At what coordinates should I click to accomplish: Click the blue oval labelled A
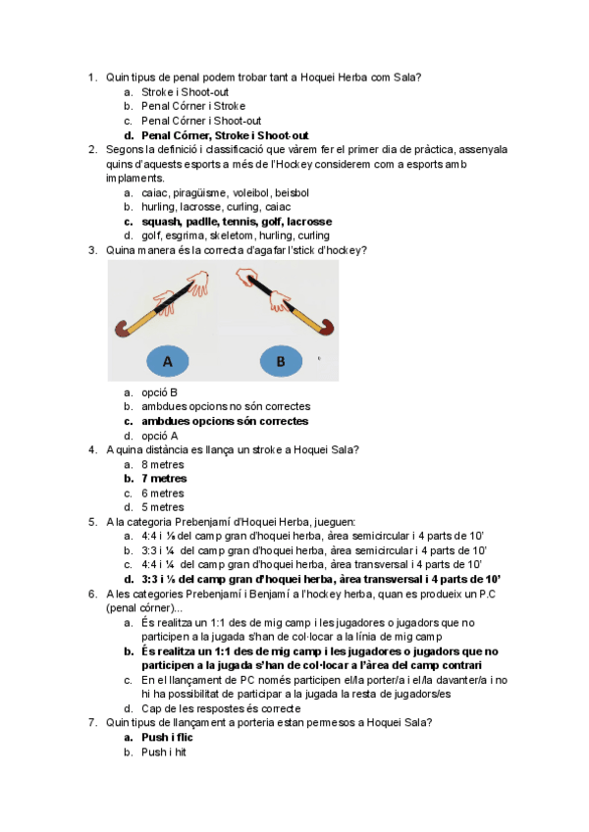click(x=168, y=362)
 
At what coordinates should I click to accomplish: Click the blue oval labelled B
click(x=281, y=362)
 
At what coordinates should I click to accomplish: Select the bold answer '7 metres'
click(x=163, y=479)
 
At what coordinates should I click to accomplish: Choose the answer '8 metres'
click(x=163, y=464)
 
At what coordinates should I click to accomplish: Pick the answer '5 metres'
click(x=163, y=507)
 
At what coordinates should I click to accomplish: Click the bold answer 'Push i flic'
click(x=169, y=738)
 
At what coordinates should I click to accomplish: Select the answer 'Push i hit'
click(x=164, y=753)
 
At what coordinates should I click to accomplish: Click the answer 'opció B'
click(x=159, y=392)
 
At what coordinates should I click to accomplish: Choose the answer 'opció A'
click(x=159, y=436)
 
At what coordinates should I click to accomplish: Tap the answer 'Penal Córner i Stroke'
click(x=193, y=106)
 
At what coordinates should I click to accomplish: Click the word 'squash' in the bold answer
click(x=160, y=222)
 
